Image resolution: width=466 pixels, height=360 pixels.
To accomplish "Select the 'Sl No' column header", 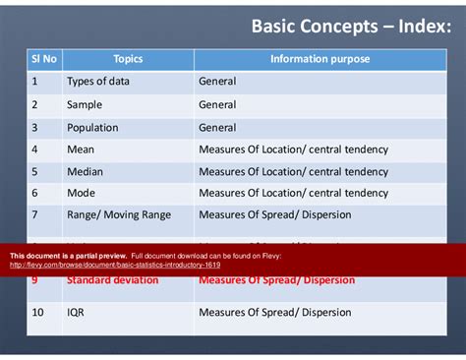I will pos(43,59).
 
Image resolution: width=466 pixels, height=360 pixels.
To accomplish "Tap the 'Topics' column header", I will pos(128,59).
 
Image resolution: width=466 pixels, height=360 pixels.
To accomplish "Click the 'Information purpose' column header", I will pos(320,59).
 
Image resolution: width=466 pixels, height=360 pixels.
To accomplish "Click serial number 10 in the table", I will pos(38,313).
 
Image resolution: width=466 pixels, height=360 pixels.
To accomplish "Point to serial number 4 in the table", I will pos(34,150).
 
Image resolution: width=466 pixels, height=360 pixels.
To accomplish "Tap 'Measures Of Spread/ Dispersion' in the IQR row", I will pos(274,313).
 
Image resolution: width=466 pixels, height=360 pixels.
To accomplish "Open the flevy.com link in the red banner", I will pos(115,265).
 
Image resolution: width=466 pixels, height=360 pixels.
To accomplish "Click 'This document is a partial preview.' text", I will pos(68,255).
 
